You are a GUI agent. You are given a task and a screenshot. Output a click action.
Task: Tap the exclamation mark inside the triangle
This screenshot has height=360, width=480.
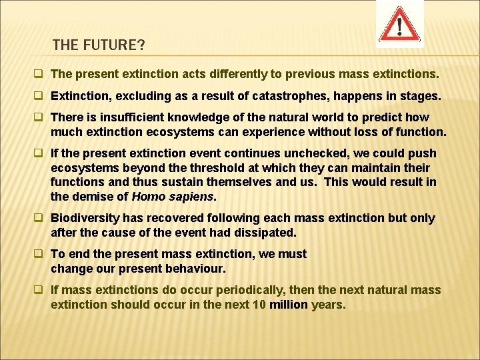point(400,27)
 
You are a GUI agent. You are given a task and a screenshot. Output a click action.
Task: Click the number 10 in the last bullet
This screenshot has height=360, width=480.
point(258,304)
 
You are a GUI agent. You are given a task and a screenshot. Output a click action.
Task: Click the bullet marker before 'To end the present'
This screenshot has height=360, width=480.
point(41,254)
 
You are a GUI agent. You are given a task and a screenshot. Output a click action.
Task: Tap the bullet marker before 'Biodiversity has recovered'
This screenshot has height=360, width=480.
point(41,218)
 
